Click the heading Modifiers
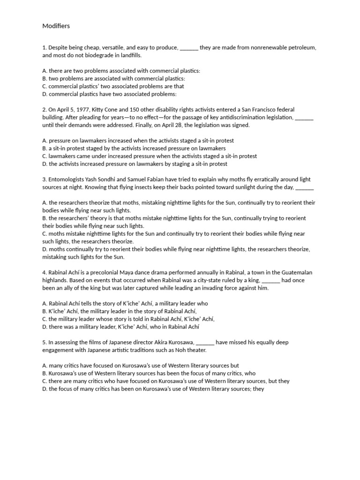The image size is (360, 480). (x=56, y=26)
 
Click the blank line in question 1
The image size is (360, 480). (x=189, y=48)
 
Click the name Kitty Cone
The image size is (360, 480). (x=103, y=110)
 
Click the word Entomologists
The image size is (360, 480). (x=68, y=180)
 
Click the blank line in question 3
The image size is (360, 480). (x=305, y=187)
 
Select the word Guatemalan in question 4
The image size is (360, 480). (x=297, y=272)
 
